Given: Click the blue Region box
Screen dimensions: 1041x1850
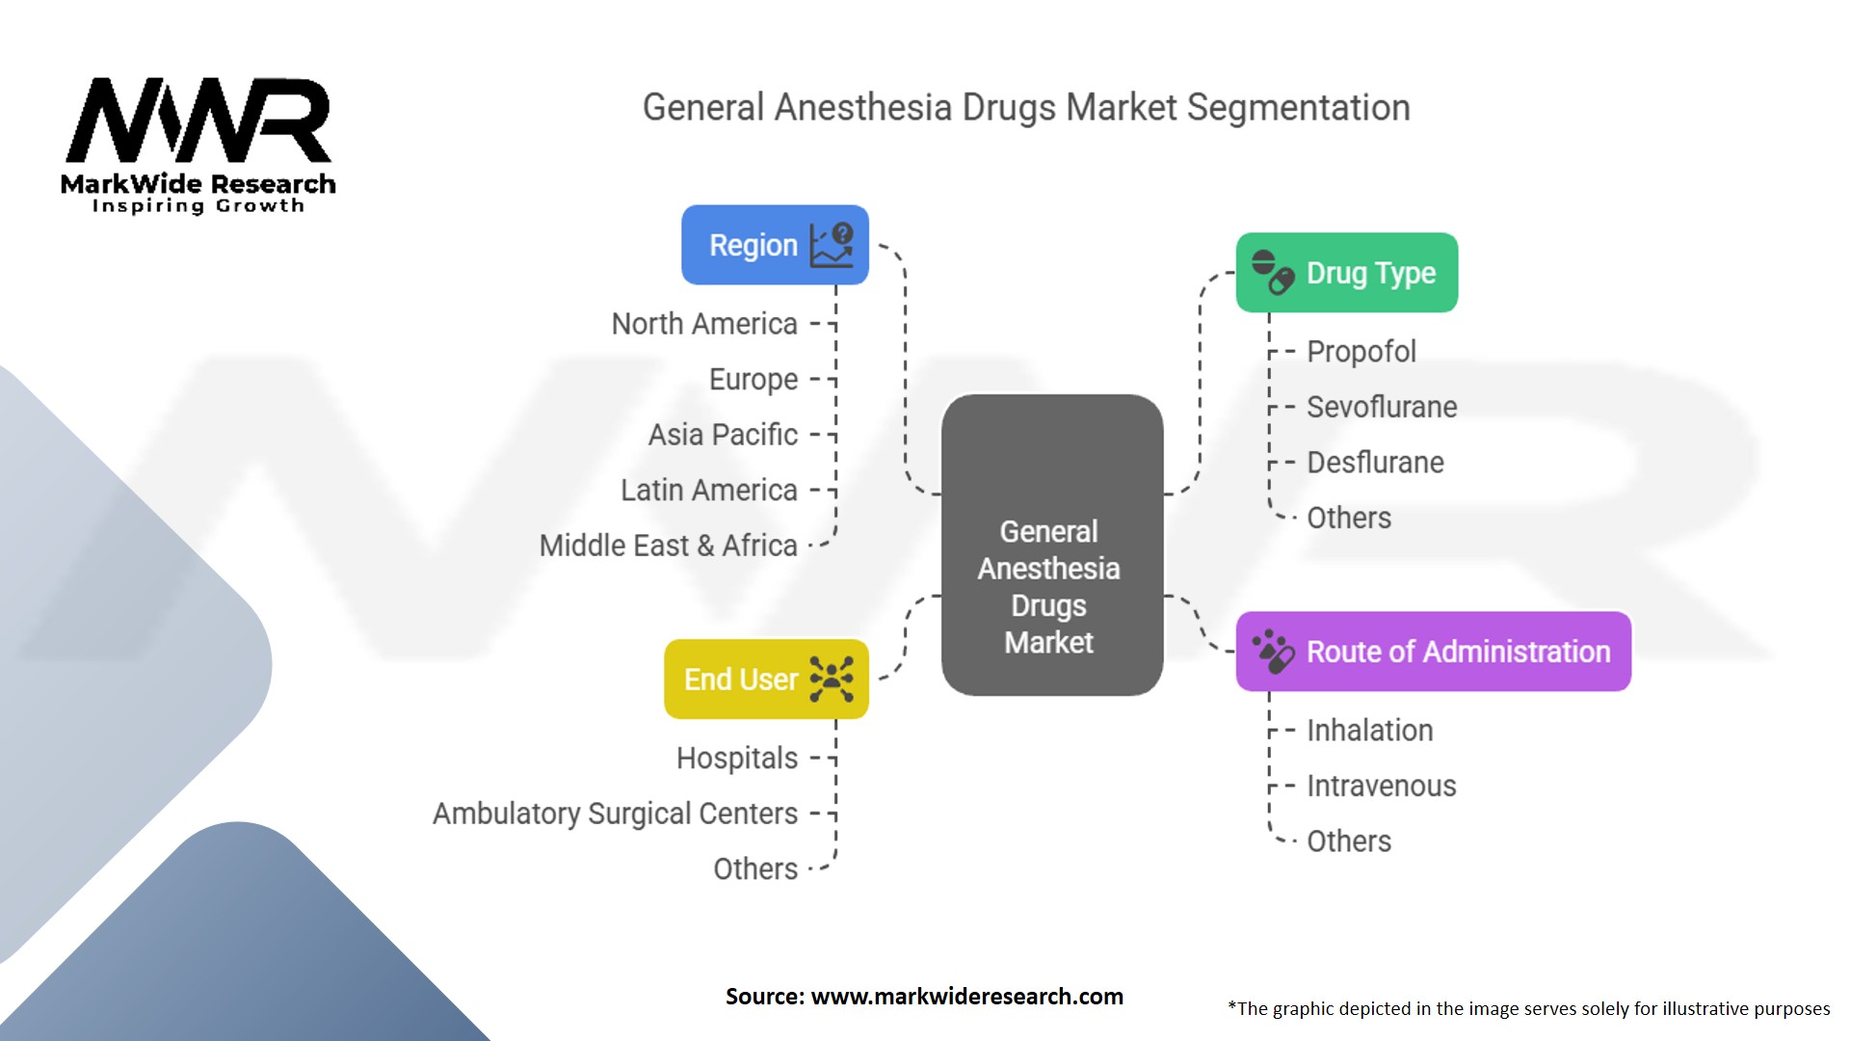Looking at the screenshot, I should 774,245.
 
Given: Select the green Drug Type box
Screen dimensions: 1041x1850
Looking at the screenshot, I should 1346,273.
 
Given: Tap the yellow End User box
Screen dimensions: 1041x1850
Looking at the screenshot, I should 766,679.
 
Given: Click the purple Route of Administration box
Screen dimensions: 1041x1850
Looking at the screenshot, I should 1433,652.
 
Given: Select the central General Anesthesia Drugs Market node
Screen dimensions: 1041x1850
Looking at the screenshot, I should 1051,545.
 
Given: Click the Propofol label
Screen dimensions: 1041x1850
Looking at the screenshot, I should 1361,352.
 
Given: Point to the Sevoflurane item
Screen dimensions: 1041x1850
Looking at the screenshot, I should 1381,407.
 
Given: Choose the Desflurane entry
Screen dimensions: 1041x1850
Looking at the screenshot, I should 1375,463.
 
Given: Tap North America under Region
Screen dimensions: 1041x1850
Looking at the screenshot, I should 704,324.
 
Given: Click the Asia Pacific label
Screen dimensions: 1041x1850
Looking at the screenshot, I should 723,435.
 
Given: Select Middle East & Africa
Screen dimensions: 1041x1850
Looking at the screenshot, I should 668,546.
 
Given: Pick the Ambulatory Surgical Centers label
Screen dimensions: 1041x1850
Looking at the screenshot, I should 615,814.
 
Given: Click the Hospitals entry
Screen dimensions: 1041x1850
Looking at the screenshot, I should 737,759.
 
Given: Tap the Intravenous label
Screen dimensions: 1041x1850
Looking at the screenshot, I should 1381,786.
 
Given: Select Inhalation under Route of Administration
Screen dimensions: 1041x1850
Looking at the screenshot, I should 1369,731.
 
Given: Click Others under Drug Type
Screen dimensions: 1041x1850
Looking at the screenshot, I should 1348,519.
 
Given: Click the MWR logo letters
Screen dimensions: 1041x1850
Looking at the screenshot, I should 198,120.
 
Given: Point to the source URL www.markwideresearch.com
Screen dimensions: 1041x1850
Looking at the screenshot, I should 966,997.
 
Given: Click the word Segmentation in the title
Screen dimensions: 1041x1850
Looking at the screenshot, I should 1298,108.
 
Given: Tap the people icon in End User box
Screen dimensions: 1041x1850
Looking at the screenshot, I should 832,680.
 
